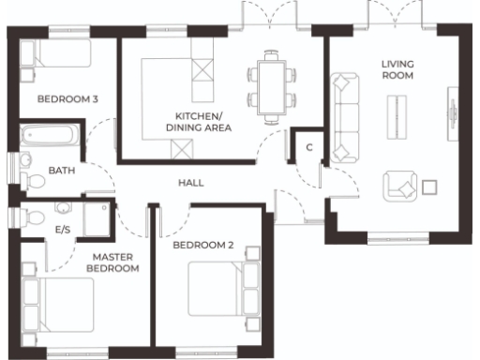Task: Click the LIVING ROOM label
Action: pyautogui.click(x=397, y=70)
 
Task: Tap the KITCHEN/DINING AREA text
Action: pyautogui.click(x=199, y=121)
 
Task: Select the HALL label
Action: pyautogui.click(x=191, y=183)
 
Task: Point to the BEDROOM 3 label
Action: pyautogui.click(x=67, y=98)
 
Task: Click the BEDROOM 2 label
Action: pyautogui.click(x=203, y=246)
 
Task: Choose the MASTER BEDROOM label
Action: pyautogui.click(x=112, y=262)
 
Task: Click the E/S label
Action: pyautogui.click(x=63, y=229)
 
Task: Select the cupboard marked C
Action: pyautogui.click(x=308, y=147)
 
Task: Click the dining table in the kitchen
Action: pyautogui.click(x=272, y=86)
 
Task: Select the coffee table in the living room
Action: pyautogui.click(x=400, y=116)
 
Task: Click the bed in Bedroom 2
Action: pyautogui.click(x=222, y=289)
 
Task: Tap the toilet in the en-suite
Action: pyautogui.click(x=36, y=215)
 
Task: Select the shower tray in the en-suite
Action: pyautogui.click(x=96, y=217)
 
